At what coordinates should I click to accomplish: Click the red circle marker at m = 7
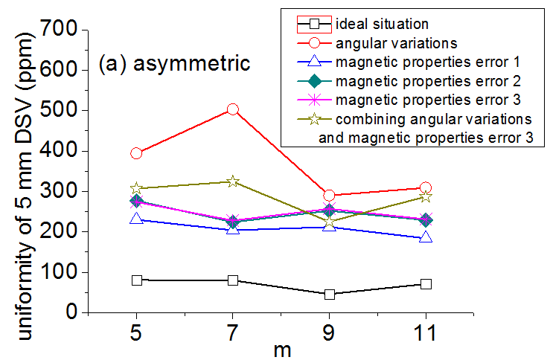pos(233,109)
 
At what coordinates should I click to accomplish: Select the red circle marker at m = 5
pos(136,153)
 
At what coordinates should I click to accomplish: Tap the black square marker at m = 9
pos(329,294)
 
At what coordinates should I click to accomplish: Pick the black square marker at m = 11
pos(426,283)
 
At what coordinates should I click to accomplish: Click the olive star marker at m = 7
pos(233,181)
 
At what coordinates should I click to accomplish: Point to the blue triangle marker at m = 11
pos(426,237)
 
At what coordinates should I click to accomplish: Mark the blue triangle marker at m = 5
pos(136,219)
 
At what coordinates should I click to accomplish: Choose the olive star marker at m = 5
pos(136,188)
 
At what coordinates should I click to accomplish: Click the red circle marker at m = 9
pos(329,196)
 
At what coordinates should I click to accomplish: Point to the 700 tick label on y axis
pos(64,30)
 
